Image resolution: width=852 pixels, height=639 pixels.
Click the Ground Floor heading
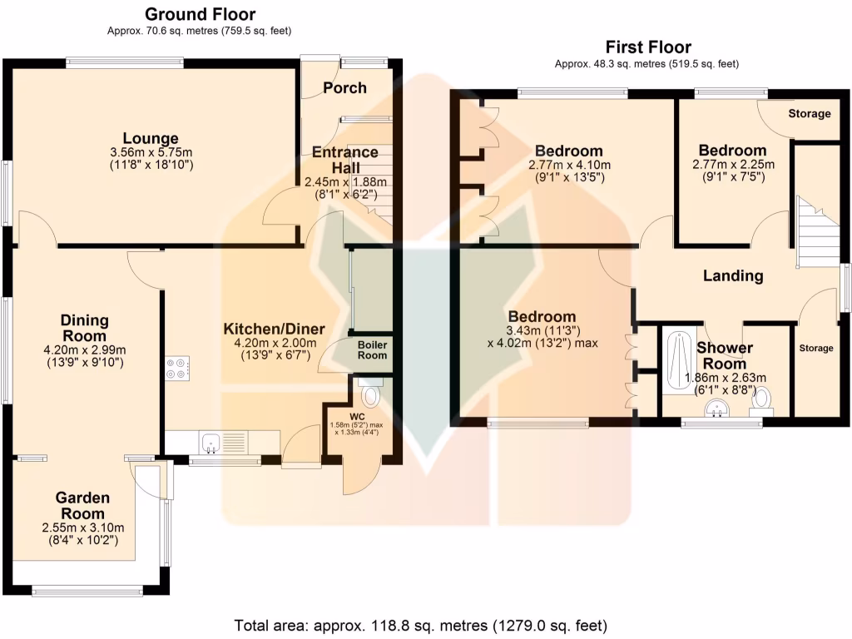tap(200, 14)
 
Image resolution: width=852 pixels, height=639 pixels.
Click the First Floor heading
tap(647, 47)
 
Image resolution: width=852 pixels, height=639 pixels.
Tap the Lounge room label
tap(151, 138)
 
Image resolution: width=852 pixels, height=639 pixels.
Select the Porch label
tap(345, 88)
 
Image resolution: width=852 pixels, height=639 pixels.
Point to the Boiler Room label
tap(372, 349)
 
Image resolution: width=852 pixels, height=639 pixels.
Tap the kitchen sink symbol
tap(211, 442)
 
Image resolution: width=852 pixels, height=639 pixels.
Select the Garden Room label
tap(82, 506)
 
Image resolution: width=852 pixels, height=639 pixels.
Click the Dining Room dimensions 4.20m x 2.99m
tap(84, 350)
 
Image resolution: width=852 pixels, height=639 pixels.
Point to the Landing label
tap(732, 276)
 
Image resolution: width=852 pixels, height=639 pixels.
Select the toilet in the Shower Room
tap(760, 402)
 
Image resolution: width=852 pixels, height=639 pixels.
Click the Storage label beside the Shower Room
tap(815, 348)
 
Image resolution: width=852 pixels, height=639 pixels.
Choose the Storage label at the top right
tap(809, 113)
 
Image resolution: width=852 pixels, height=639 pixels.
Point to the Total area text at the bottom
tap(421, 624)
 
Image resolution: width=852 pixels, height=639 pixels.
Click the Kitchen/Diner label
tap(274, 329)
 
